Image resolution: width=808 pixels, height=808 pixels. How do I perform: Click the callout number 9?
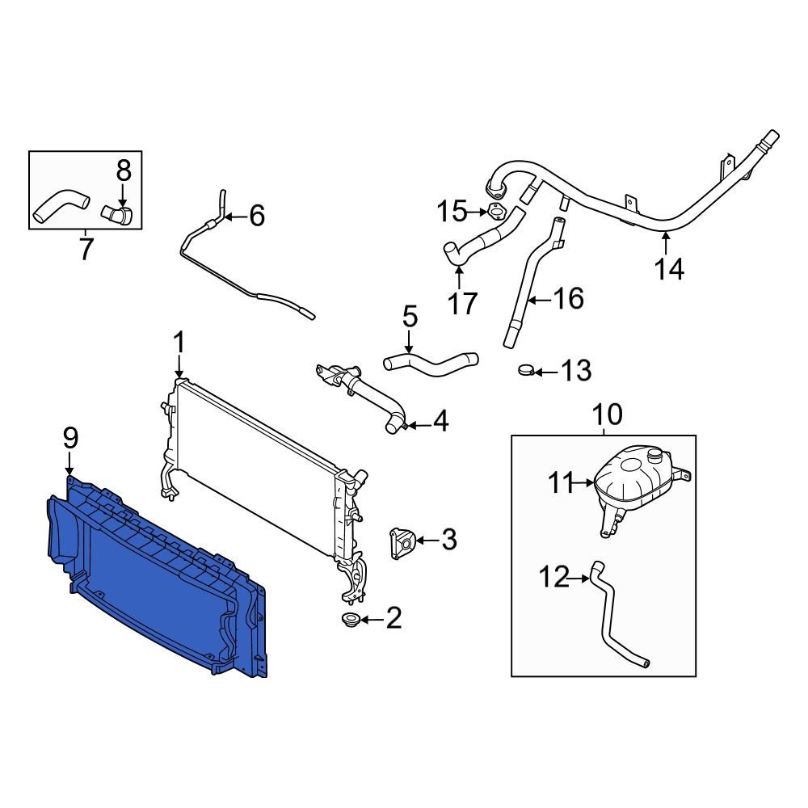pyautogui.click(x=70, y=439)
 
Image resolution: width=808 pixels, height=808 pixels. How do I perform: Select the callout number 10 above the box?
pyautogui.click(x=608, y=415)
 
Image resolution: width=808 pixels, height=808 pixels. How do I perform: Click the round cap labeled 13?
pyautogui.click(x=526, y=371)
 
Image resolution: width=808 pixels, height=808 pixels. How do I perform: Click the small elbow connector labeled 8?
pyautogui.click(x=118, y=214)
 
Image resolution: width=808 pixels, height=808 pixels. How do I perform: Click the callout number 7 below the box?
pyautogui.click(x=86, y=249)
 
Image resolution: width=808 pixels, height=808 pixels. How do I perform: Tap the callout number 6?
pyautogui.click(x=255, y=216)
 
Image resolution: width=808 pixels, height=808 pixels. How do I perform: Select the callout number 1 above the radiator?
pyautogui.click(x=179, y=343)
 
